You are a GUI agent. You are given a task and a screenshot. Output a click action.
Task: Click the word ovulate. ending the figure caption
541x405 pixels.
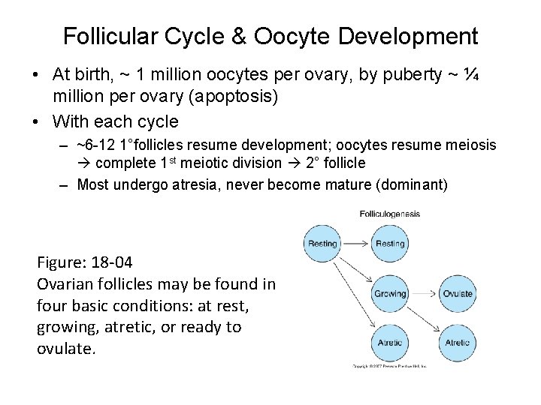66,349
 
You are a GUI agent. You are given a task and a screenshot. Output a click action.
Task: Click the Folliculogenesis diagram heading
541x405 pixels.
389,214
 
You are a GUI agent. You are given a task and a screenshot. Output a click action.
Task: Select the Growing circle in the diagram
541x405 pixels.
390,293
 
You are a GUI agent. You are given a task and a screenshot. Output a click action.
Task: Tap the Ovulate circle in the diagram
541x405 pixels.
457,293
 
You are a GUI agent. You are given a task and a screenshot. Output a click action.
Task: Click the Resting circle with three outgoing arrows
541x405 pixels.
323,243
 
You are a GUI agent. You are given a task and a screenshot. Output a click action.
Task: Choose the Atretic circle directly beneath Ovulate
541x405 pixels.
457,343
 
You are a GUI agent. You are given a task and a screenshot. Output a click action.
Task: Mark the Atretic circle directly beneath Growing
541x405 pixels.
390,343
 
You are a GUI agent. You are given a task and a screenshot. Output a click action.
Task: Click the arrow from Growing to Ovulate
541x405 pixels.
423,293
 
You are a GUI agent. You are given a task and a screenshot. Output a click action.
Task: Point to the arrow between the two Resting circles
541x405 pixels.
356,243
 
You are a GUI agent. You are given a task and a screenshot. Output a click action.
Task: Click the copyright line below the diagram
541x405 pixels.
389,367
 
